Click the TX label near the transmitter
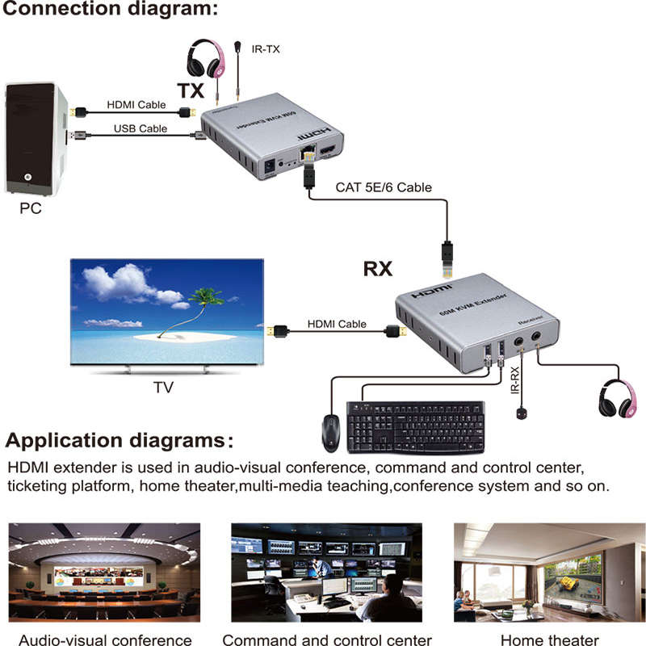pyautogui.click(x=191, y=90)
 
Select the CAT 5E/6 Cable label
pyautogui.click(x=384, y=187)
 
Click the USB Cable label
pyautogui.click(x=140, y=128)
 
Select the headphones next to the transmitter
pyautogui.click(x=203, y=61)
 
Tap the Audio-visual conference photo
pyautogui.click(x=103, y=572)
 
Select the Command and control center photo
pyautogui.click(x=326, y=572)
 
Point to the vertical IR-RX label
pyautogui.click(x=514, y=379)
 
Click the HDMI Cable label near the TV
pyautogui.click(x=336, y=324)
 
